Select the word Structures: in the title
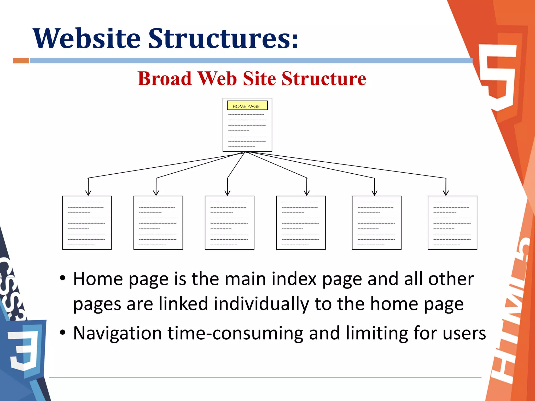[223, 39]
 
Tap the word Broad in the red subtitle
[165, 78]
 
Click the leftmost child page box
[87, 223]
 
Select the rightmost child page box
[452, 223]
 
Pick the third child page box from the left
[229, 223]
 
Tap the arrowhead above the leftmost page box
[88, 193]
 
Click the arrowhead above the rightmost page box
[446, 193]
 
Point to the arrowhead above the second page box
[156, 193]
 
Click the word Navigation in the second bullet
[118, 333]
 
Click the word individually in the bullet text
[261, 304]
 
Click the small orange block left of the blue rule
[21, 61]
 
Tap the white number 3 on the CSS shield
[24, 350]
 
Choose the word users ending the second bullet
[464, 333]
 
